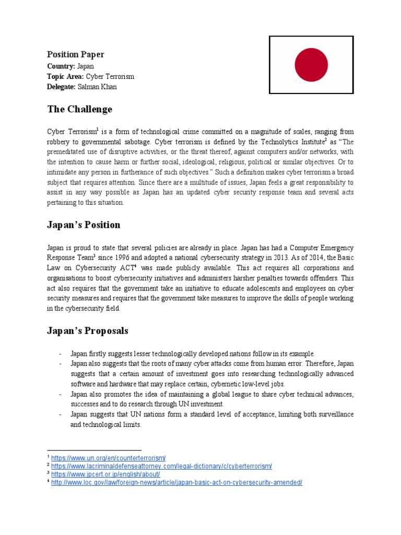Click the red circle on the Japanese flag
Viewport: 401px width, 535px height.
coord(311,65)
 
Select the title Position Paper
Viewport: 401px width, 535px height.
coord(76,54)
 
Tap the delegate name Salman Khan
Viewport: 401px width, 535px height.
coord(97,87)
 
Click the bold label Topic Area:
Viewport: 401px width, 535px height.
coord(65,76)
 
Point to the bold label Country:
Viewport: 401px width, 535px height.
coord(61,66)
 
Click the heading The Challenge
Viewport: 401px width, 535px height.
coord(79,109)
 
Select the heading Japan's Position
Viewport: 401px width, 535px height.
coord(84,225)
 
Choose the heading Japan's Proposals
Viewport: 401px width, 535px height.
coord(87,331)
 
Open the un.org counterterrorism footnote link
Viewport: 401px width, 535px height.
coord(108,458)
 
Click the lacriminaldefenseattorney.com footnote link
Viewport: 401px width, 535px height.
coord(161,466)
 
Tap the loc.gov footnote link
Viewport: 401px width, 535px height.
coord(176,483)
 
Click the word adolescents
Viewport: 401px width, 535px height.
coord(272,288)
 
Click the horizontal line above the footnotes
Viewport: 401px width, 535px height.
coord(94,450)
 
